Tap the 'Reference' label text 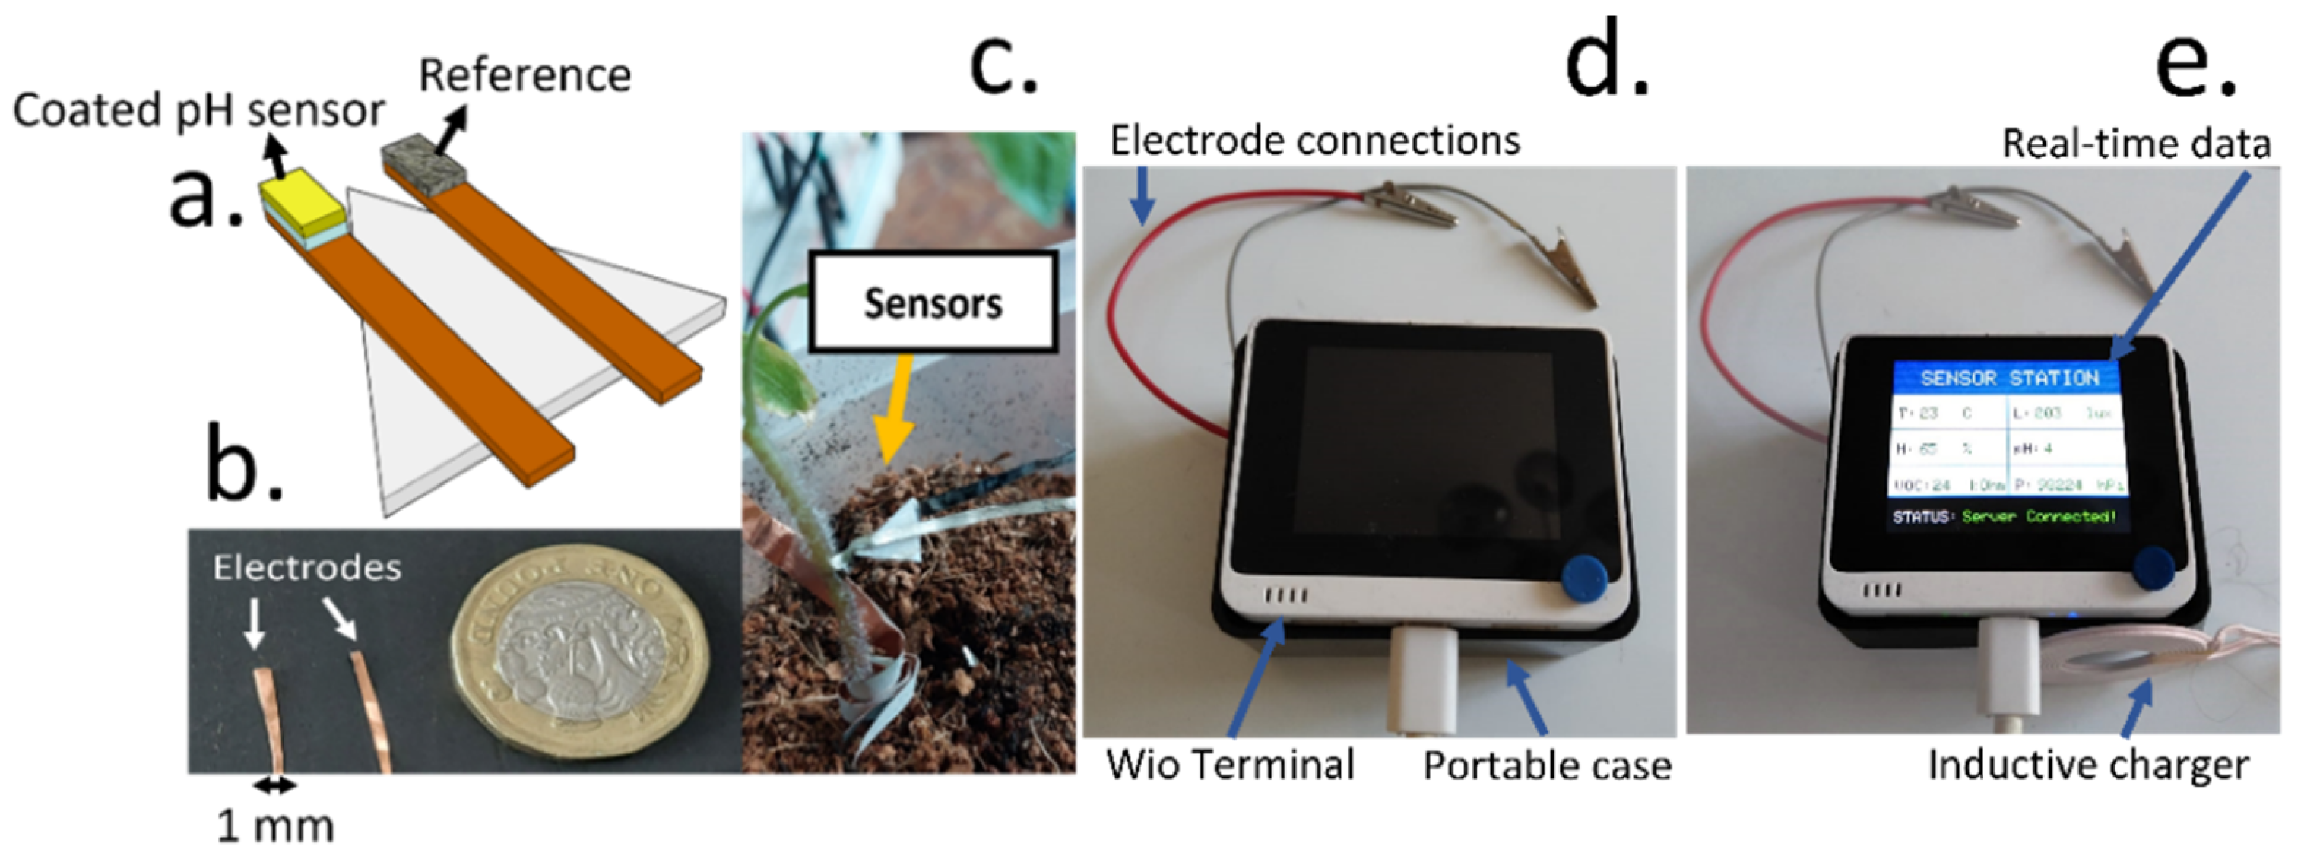[525, 75]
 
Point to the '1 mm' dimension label [275, 826]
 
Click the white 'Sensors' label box [933, 303]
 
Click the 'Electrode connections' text [1315, 141]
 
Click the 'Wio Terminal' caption [1230, 765]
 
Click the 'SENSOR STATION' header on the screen [2009, 378]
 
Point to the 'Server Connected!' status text [2039, 516]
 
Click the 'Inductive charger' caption [2087, 765]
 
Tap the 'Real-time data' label [2136, 143]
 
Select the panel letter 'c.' [1003, 62]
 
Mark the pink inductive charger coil [2120, 671]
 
